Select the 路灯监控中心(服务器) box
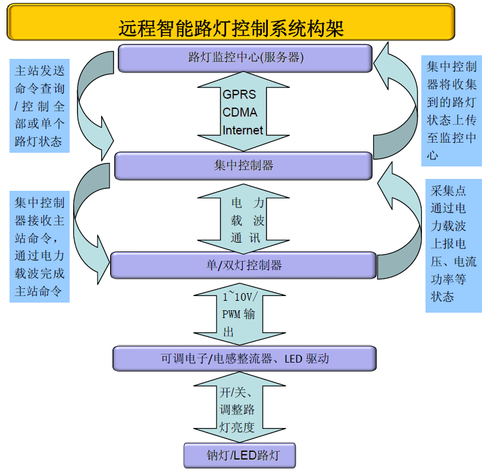point(245,58)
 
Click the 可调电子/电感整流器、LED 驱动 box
point(244,358)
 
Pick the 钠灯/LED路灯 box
point(239,455)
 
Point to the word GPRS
point(239,95)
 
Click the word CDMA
point(240,112)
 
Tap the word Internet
point(243,130)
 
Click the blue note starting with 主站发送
point(40,105)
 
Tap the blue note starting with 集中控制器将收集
point(451,111)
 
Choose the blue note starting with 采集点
point(453,244)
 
